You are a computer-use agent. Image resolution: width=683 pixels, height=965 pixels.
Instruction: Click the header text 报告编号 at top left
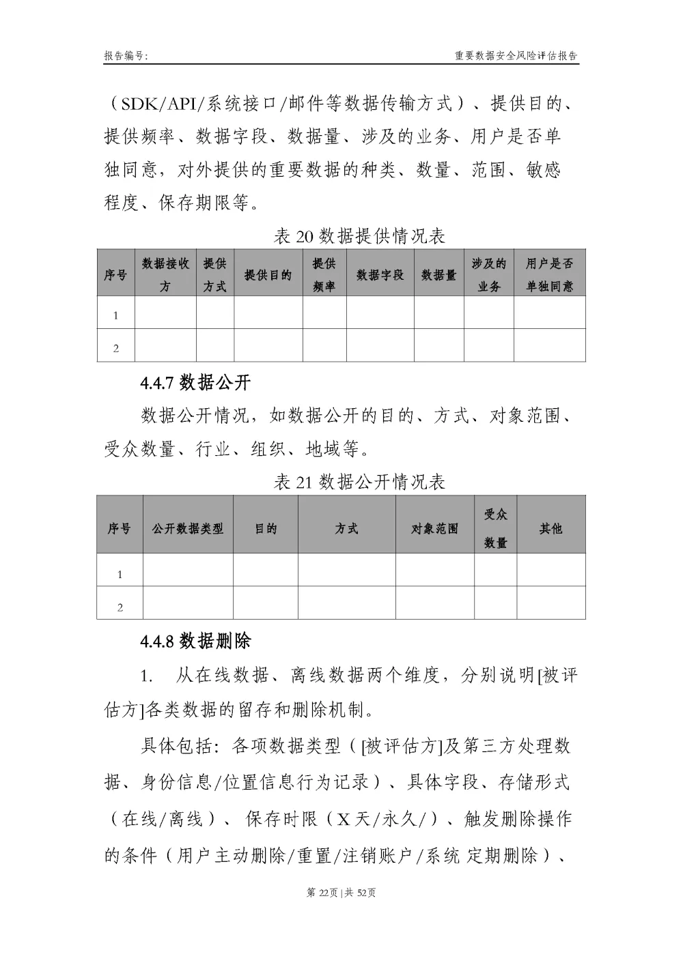pos(126,56)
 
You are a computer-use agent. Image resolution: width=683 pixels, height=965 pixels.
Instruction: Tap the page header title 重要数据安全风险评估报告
pos(516,56)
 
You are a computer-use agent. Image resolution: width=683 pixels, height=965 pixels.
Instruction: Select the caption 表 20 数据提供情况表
pos(359,236)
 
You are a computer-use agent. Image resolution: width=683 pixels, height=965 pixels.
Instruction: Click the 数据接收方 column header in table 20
pos(165,275)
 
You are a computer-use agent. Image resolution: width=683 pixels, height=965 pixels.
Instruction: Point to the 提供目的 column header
pos(268,275)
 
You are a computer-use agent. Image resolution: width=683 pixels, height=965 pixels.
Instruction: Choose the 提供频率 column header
pos(324,275)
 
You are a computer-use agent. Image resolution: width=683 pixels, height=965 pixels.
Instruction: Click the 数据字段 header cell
pos(380,275)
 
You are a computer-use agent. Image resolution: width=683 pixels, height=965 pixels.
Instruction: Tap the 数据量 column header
pos(438,275)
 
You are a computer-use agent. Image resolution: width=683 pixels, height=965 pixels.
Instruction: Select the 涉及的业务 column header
pos(489,275)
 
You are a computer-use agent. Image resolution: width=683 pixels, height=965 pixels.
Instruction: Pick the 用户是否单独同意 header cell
pos(549,275)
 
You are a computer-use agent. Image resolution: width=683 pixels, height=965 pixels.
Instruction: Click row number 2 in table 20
pos(116,348)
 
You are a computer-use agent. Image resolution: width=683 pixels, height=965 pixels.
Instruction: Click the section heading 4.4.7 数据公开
pos(195,383)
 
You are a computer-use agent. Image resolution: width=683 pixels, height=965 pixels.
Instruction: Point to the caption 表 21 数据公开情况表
pos(359,482)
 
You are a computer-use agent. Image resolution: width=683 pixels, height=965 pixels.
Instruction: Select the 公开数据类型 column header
pos(188,528)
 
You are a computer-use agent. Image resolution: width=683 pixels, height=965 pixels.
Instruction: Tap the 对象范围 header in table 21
pos(434,528)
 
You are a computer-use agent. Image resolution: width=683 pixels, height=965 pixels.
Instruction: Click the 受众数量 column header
pos(495,528)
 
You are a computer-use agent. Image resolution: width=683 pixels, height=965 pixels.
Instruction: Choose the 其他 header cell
pos(550,528)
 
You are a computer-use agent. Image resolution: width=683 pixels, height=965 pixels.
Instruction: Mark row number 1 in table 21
pos(120,575)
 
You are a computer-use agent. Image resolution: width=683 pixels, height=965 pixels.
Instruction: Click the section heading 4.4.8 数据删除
pos(195,642)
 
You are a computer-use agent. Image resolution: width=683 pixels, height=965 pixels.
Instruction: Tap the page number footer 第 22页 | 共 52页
pos(341,893)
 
